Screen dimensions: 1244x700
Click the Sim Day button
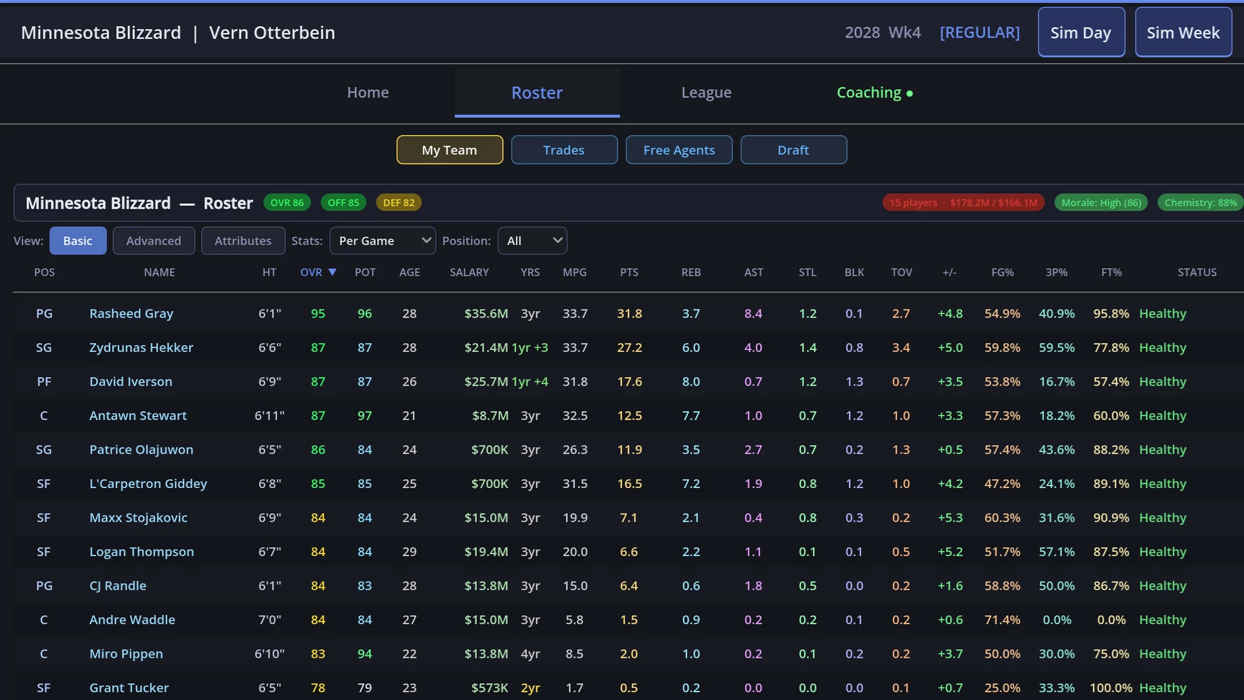(x=1081, y=32)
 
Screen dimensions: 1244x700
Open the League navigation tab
(x=706, y=93)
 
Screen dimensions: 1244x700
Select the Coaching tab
(x=875, y=93)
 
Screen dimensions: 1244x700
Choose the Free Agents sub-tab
(x=679, y=150)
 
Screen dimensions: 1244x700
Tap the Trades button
(x=564, y=150)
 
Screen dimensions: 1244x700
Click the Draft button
(x=793, y=150)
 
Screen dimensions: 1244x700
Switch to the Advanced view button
(x=154, y=240)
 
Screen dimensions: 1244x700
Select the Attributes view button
(x=243, y=240)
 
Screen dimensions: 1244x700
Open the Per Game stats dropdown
(x=382, y=240)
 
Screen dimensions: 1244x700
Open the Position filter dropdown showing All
(x=532, y=240)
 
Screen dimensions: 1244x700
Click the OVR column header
(x=317, y=272)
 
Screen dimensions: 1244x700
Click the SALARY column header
(x=469, y=272)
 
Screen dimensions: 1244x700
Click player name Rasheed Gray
(x=131, y=314)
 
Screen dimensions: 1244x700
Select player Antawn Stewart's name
(x=138, y=415)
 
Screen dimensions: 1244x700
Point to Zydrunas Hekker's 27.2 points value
(x=629, y=347)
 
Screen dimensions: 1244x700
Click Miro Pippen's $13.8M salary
(x=486, y=654)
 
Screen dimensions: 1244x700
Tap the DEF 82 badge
(x=398, y=203)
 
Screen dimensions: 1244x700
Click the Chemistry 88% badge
(x=1201, y=203)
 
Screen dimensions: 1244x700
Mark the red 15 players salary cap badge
(x=963, y=203)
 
